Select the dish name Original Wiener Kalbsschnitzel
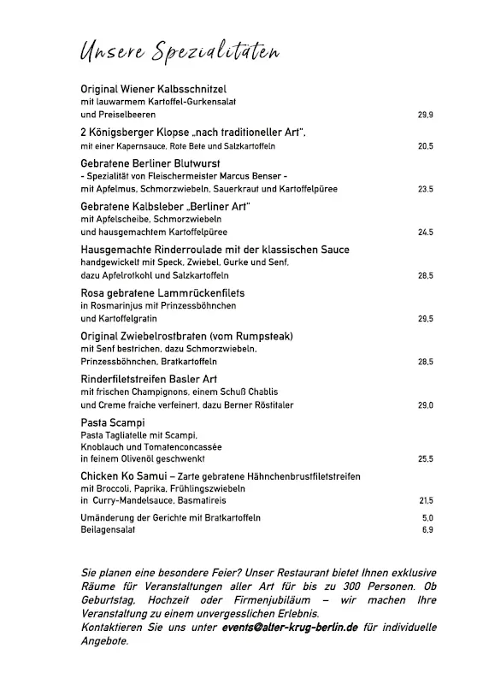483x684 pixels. [153, 89]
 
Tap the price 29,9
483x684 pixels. [425, 115]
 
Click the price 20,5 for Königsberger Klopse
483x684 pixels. [425, 147]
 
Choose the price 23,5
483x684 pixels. [425, 189]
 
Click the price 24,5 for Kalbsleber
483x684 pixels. [425, 233]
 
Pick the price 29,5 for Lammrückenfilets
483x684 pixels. [425, 319]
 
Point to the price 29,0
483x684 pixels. [425, 405]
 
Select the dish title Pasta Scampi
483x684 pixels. [112, 423]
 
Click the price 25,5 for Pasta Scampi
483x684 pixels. [425, 459]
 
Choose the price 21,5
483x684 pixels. [426, 501]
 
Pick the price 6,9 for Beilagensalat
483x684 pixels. [427, 530]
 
